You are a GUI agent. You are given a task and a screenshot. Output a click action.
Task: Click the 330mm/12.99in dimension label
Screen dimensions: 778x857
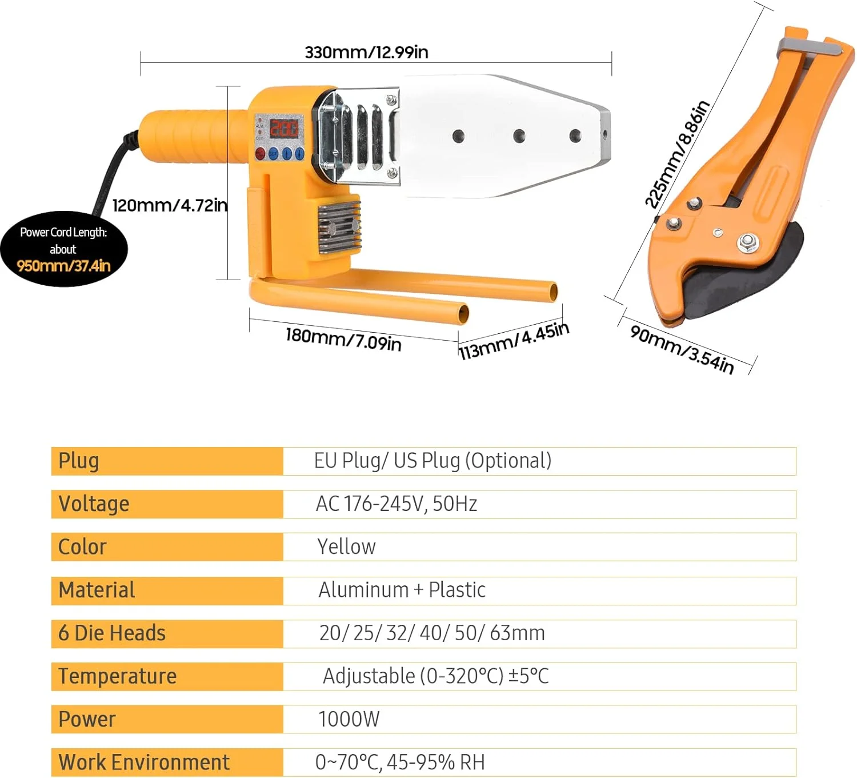click(366, 53)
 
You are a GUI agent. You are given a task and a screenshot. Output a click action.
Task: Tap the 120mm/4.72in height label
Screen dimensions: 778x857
click(170, 205)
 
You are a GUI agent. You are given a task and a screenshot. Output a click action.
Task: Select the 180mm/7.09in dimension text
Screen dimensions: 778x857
click(343, 339)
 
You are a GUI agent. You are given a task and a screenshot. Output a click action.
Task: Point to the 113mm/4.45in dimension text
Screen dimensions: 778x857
click(514, 341)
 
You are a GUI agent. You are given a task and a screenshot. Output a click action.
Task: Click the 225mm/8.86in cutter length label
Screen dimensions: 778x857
click(677, 155)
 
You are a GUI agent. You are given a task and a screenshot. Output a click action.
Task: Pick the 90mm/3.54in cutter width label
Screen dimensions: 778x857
click(682, 349)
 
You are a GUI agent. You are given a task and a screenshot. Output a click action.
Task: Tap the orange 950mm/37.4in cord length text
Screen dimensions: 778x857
click(63, 266)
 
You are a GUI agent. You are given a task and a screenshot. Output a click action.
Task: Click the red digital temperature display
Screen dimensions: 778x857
click(284, 128)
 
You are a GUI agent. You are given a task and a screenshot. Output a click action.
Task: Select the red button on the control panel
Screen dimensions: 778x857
click(260, 153)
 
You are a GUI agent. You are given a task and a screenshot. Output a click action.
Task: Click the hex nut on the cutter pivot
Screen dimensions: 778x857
click(746, 242)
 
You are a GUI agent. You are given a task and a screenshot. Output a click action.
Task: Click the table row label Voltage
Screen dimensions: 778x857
click(94, 504)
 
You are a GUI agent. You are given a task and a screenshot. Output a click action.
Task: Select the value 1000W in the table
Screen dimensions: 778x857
click(349, 719)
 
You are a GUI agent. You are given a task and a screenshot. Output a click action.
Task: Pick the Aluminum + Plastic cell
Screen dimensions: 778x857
click(402, 590)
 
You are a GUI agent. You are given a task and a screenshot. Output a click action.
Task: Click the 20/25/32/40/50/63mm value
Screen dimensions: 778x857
click(432, 633)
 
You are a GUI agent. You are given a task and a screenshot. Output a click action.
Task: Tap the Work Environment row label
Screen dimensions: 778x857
click(144, 763)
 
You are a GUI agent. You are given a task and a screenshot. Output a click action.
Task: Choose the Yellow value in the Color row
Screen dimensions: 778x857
click(346, 547)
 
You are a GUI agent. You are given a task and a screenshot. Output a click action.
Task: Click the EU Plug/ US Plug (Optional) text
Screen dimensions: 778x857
click(432, 461)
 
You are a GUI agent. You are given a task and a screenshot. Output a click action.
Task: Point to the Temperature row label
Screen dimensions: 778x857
click(118, 676)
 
